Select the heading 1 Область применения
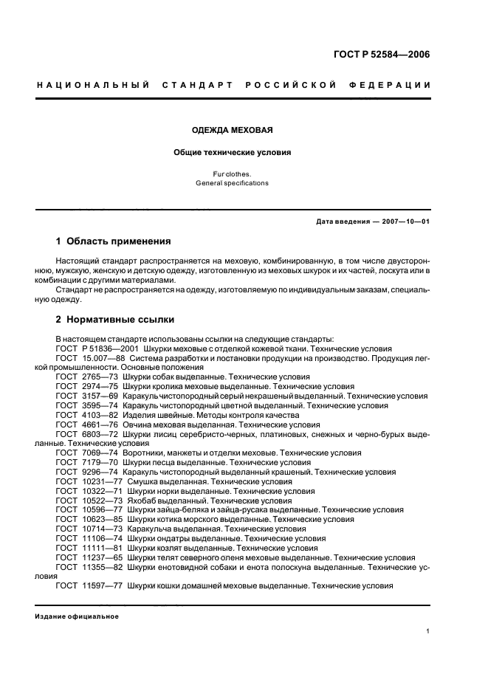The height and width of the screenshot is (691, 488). [x=114, y=241]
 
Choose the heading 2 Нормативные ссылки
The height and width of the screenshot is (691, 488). [x=115, y=320]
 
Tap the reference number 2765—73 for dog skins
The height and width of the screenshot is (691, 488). [x=100, y=377]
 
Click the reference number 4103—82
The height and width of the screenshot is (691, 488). [x=100, y=415]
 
